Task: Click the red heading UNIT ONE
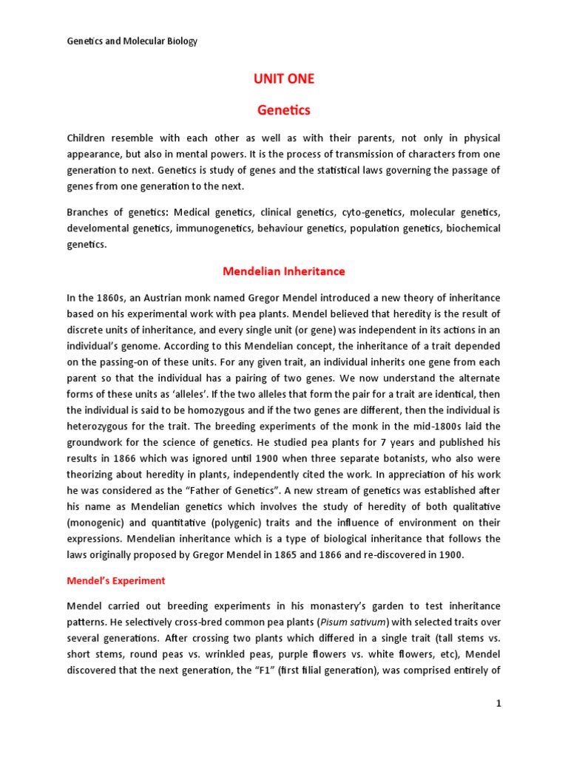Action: [x=284, y=79]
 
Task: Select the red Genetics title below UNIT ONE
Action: [x=284, y=110]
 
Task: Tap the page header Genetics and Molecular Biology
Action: [x=132, y=41]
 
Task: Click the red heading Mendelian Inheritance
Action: [x=284, y=271]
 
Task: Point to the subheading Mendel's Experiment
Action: [x=116, y=581]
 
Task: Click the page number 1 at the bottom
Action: [x=498, y=704]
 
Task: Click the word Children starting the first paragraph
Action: [x=89, y=138]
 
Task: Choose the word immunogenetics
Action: [x=215, y=229]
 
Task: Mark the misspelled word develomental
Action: [x=98, y=229]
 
